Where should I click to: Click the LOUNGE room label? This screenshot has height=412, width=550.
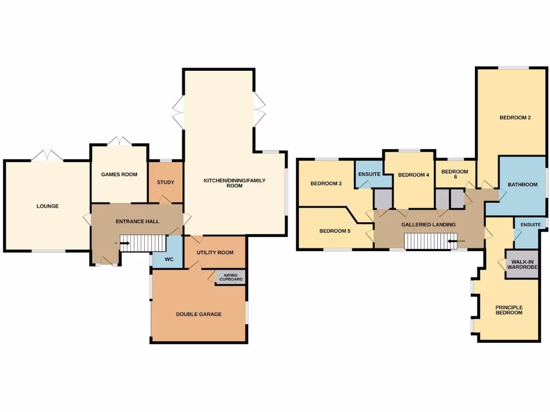[47, 206]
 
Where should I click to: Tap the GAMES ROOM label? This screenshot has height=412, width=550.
[119, 174]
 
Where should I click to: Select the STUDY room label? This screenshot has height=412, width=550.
[165, 182]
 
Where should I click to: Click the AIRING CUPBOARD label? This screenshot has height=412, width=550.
[231, 277]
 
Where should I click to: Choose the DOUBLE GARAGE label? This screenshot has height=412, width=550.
[199, 314]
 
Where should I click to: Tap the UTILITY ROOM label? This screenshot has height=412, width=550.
[215, 252]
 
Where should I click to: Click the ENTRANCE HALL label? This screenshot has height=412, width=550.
[136, 221]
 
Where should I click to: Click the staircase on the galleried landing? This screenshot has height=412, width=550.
[430, 241]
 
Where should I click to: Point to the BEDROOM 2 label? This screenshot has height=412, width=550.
[515, 118]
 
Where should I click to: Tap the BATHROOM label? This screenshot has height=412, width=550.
[523, 185]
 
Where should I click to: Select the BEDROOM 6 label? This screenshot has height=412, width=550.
[454, 174]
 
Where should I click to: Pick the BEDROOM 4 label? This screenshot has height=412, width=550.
[414, 175]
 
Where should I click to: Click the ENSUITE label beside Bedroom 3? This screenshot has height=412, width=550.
[370, 174]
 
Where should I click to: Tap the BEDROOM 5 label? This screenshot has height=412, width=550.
[335, 231]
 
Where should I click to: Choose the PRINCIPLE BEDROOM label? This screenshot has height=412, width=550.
[509, 310]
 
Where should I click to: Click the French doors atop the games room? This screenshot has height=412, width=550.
[119, 142]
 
